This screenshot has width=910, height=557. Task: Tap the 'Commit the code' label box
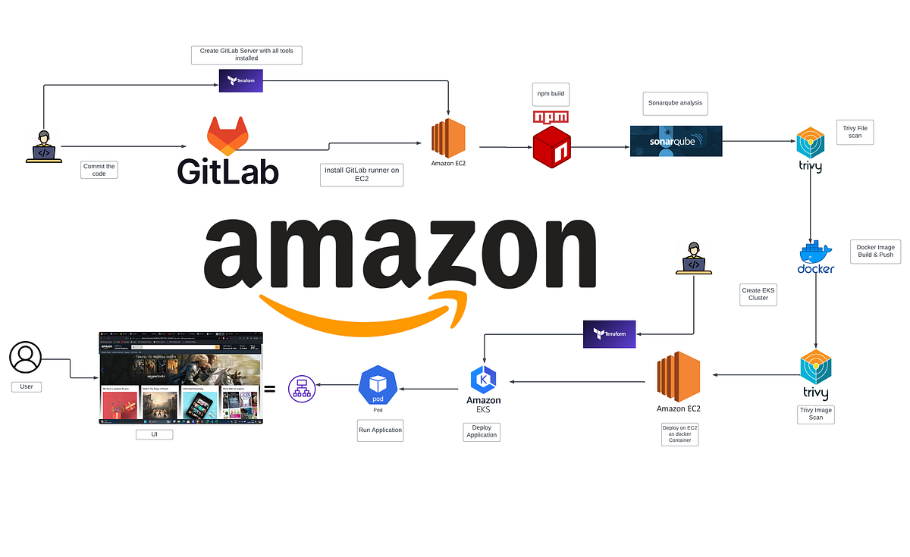[x=99, y=170]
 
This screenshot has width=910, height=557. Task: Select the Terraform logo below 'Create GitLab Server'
[x=240, y=80]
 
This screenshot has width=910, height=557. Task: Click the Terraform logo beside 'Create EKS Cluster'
[x=609, y=334]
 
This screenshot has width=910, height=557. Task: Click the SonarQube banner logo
[x=676, y=141]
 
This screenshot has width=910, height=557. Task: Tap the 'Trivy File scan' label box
[x=855, y=131]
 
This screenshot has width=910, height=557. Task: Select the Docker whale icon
[x=815, y=252]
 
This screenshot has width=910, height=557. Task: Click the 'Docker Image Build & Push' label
[x=874, y=250]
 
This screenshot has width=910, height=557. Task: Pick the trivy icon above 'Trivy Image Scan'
[x=816, y=368]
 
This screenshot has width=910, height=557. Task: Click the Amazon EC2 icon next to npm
[x=448, y=138]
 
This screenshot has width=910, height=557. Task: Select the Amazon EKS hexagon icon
[x=483, y=379]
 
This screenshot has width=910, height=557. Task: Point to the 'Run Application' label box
[x=380, y=430]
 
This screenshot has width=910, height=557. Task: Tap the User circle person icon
[x=26, y=357]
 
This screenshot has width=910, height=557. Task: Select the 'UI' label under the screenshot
[x=155, y=435]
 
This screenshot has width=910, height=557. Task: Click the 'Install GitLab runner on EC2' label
[x=361, y=175]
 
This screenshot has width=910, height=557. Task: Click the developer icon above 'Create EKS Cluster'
[x=693, y=258]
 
